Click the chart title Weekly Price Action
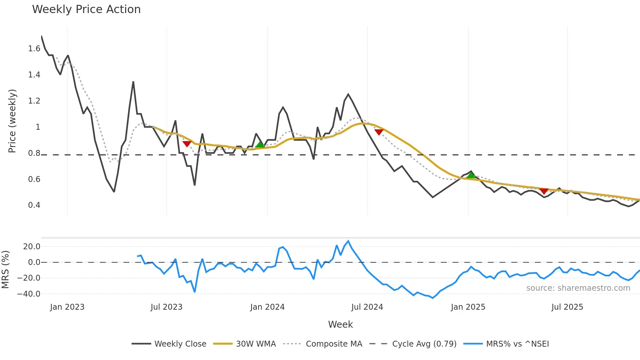[86, 9]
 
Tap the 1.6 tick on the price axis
[34, 49]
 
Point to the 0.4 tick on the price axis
[34, 205]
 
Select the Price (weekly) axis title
[12, 121]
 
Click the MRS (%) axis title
[5, 270]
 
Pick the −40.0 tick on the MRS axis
[29, 294]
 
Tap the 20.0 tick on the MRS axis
[32, 247]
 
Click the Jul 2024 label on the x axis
[367, 307]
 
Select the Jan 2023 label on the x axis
[67, 307]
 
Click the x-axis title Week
[340, 324]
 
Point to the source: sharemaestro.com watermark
[578, 288]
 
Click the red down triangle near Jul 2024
[379, 132]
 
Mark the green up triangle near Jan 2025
[471, 175]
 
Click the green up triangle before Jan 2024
[260, 144]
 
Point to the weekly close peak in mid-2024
[348, 94]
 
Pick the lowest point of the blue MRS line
[433, 298]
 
